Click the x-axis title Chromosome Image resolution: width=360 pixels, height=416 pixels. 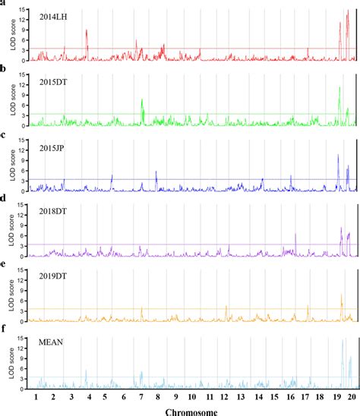pos(193,411)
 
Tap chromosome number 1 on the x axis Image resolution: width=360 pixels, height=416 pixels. pos(36,397)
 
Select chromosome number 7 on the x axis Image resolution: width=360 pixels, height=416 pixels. pos(141,397)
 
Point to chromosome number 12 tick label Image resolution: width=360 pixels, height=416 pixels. pos(225,397)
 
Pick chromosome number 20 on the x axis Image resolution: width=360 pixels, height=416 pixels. pos(352,397)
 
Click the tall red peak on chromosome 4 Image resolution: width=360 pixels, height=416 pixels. pos(87,32)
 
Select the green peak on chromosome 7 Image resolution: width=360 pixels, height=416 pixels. pos(142,100)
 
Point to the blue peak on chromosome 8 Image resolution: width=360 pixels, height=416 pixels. pos(156,173)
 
